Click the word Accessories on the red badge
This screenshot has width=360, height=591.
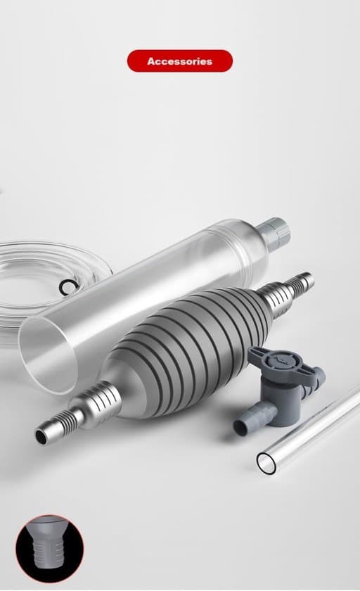pyautogui.click(x=179, y=61)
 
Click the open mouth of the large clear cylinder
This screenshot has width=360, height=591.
pyautogui.click(x=47, y=355)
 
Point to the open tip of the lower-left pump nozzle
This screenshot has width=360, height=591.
pyautogui.click(x=41, y=436)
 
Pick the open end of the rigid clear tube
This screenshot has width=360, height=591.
pyautogui.click(x=266, y=463)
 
